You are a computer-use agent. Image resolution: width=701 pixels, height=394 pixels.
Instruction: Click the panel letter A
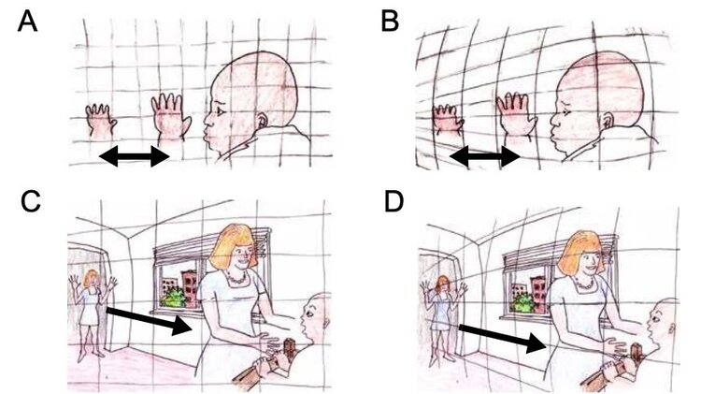[x=27, y=22]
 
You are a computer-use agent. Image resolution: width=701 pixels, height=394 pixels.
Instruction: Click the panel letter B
[x=390, y=22]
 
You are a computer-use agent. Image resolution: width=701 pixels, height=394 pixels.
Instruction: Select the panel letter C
[x=31, y=201]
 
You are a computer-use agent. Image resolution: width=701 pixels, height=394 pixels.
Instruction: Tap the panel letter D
[x=393, y=201]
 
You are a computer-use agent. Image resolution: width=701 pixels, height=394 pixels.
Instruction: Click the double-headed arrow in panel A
[x=134, y=156]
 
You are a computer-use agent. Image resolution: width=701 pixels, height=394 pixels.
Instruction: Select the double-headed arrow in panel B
[x=484, y=156]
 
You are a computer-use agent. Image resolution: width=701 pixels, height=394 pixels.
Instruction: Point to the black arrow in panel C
[x=150, y=321]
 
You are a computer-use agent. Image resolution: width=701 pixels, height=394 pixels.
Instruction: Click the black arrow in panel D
[x=503, y=338]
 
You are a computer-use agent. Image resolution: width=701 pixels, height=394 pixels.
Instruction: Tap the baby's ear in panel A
[x=263, y=121]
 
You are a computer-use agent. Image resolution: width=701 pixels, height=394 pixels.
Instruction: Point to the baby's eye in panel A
[x=221, y=110]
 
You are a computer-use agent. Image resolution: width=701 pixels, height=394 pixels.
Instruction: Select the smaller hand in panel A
[x=101, y=120]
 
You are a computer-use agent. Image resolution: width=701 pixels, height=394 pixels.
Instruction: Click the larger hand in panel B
[x=516, y=115]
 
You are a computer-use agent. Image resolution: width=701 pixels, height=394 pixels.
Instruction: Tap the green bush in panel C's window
[x=175, y=297]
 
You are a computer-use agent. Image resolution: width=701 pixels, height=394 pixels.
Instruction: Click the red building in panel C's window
[x=189, y=287]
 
